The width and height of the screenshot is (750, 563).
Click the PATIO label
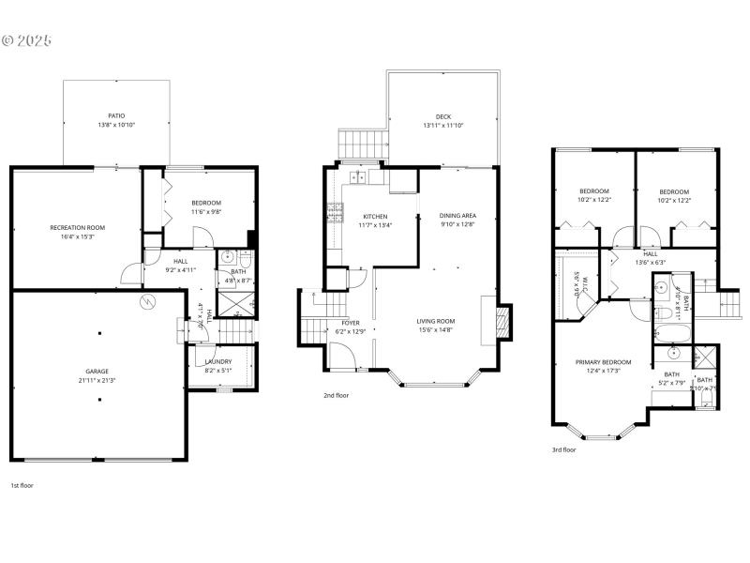click(117, 115)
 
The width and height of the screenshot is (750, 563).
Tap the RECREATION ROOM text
click(77, 227)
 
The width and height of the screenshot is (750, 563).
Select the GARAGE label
click(98, 371)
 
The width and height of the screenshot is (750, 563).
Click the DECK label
click(443, 116)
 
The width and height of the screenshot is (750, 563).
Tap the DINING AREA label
click(457, 216)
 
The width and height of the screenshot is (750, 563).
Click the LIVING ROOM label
click(435, 321)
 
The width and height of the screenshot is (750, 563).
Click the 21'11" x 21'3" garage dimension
click(98, 380)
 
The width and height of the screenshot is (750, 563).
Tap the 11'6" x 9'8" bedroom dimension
click(206, 212)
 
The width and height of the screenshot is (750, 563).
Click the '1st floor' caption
click(22, 485)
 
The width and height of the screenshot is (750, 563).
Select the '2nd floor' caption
click(336, 395)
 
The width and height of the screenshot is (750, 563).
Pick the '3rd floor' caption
click(563, 449)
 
